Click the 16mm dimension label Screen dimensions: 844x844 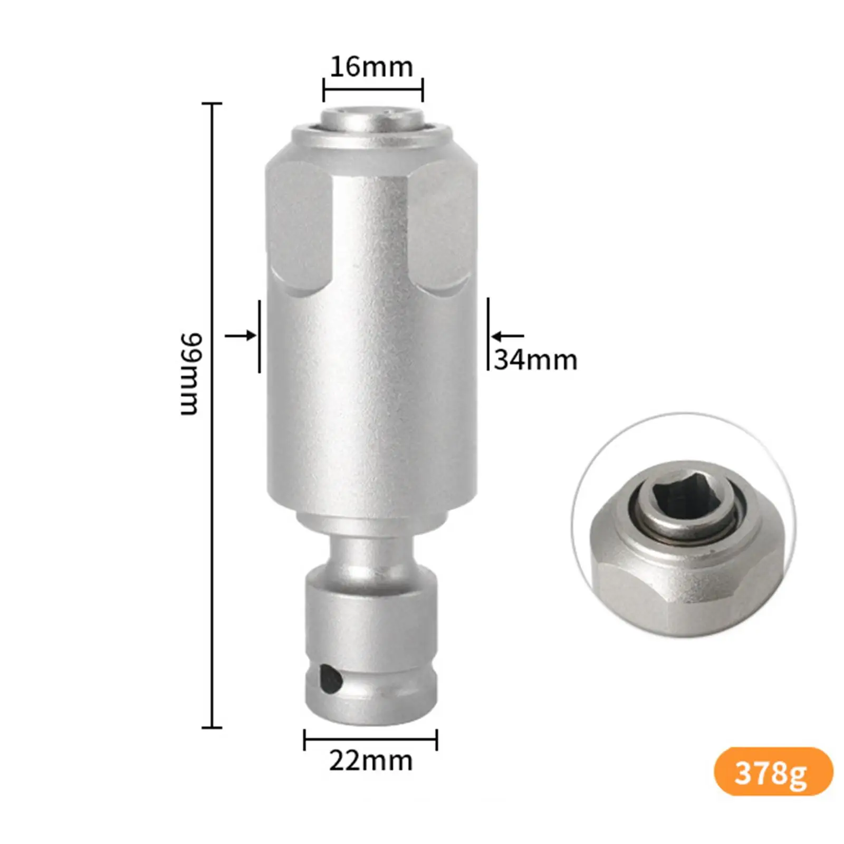pyautogui.click(x=371, y=67)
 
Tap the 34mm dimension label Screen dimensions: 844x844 pyautogui.click(x=535, y=360)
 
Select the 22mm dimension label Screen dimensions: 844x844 pyautogui.click(x=370, y=761)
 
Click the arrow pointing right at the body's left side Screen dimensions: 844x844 pyautogui.click(x=241, y=335)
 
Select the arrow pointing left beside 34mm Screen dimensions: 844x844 pyautogui.click(x=507, y=335)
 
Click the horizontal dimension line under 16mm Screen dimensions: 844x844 pyautogui.click(x=373, y=90)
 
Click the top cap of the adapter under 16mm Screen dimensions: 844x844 pyautogui.click(x=372, y=117)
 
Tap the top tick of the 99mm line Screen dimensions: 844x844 pyautogui.click(x=212, y=104)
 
